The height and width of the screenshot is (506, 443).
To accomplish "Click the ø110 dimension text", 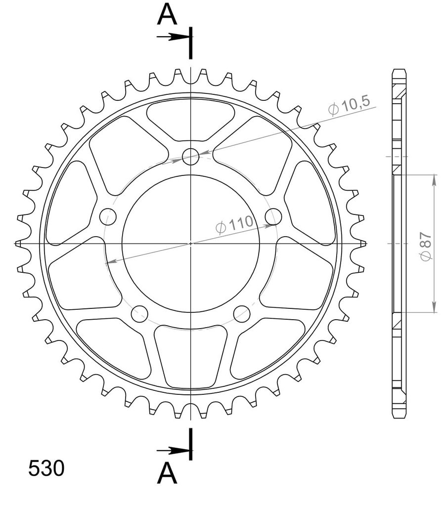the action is pyautogui.click(x=234, y=224).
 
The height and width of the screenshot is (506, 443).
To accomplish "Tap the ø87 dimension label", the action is pyautogui.click(x=426, y=246).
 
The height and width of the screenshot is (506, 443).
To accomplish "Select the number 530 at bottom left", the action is pyautogui.click(x=46, y=468).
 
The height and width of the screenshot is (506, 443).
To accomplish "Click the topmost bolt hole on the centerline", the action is pyautogui.click(x=190, y=157).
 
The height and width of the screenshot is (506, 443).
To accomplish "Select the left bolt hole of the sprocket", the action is pyautogui.click(x=108, y=217).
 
